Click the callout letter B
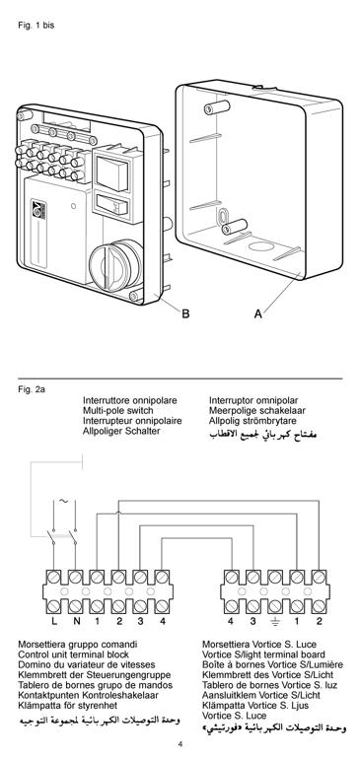(185, 313)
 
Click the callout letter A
(258, 313)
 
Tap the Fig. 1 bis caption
(36, 26)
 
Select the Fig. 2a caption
(32, 388)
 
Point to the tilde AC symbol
(64, 501)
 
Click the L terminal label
(54, 621)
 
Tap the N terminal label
(76, 621)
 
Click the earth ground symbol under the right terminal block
(275, 622)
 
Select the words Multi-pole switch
(118, 411)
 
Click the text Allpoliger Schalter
(121, 431)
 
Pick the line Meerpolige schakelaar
(257, 411)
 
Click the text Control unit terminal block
(73, 654)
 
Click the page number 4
(180, 744)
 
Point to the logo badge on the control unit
(38, 210)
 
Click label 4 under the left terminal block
(163, 621)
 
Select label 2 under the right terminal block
(319, 621)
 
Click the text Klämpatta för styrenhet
(67, 706)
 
